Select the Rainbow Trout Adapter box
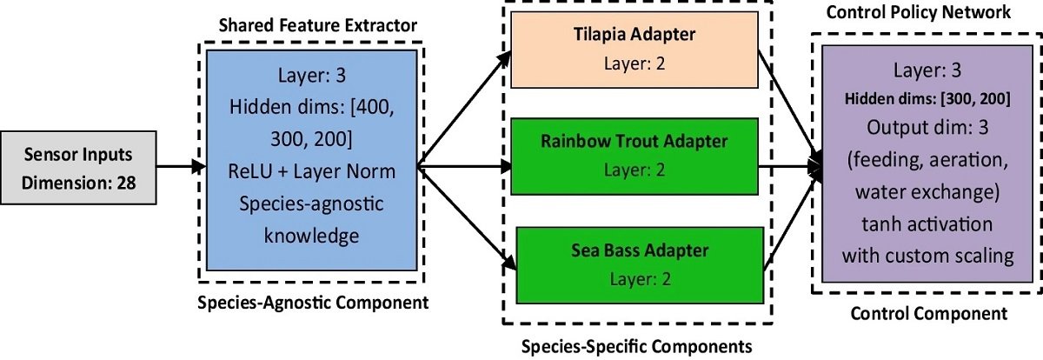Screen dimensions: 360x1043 coord(634,156)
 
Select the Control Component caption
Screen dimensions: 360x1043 coord(927,313)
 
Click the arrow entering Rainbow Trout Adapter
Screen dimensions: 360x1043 coord(465,166)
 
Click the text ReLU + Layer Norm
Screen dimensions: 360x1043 coord(310,171)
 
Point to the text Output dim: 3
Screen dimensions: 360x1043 coord(927,126)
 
